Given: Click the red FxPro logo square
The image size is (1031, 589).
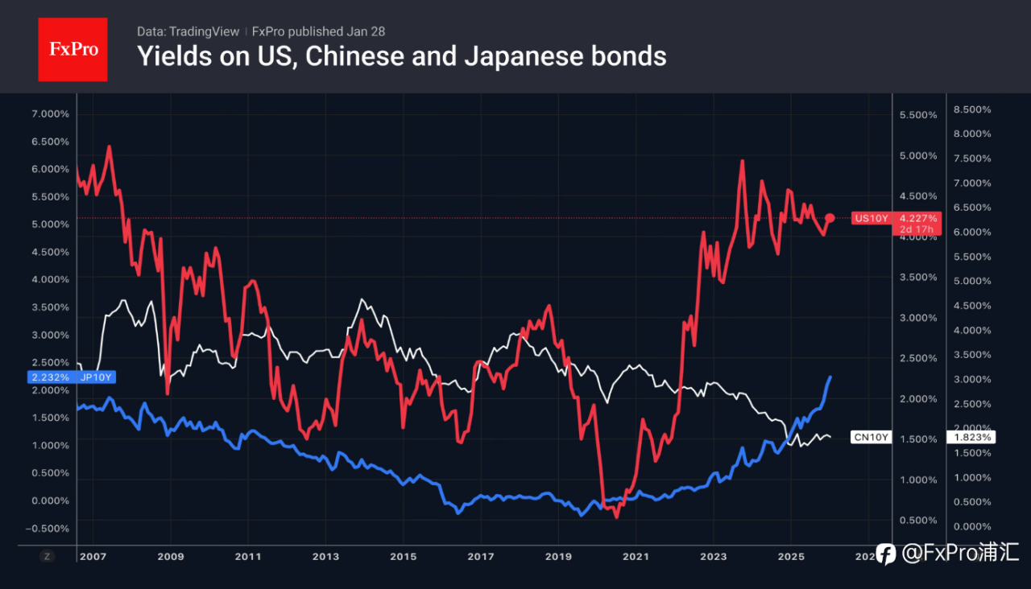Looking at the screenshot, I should coord(72,49).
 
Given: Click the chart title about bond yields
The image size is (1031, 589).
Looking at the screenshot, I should coord(401,56).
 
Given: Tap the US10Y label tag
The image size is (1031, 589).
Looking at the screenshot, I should coord(871,218).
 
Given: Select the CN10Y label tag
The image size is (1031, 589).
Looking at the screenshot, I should coord(871,437).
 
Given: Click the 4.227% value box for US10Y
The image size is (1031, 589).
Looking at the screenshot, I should coord(918,218).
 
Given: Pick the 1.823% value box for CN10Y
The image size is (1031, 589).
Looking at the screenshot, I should coord(973,437).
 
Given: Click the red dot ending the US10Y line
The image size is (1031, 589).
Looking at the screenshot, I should coord(830,218).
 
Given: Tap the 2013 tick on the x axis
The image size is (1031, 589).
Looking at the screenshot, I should coord(325,556).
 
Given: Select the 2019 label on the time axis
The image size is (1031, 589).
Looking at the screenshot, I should coord(558,556).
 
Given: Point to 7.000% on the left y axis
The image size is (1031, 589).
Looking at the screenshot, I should coord(49,114).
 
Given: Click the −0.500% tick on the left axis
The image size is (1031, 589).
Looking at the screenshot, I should coord(48,529).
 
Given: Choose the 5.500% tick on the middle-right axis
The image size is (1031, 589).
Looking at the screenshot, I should coord(917,115).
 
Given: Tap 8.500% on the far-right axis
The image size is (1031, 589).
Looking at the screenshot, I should coord(972,109).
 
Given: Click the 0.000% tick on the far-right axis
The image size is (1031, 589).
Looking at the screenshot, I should coord(972,526).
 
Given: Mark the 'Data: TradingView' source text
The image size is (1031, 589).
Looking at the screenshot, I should coord(188,31).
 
